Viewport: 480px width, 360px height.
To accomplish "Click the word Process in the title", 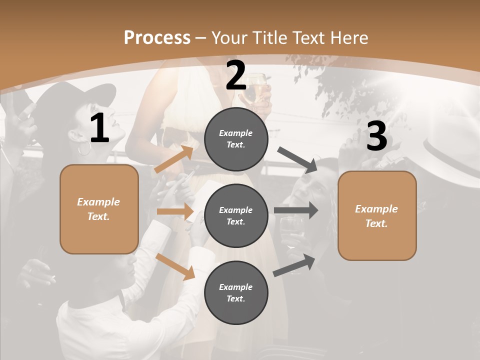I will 157,37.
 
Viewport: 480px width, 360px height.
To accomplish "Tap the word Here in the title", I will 347,37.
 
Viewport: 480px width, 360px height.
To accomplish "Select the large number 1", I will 99,128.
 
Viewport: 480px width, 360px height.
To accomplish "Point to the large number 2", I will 236,75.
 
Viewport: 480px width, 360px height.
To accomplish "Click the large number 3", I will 376,136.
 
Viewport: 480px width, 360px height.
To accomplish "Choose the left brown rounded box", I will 99,209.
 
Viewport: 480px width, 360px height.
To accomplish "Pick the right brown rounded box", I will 377,216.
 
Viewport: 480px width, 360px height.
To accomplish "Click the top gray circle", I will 236,139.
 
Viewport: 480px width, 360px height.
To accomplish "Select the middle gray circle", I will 236,216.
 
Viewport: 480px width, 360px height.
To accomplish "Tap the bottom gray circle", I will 236,293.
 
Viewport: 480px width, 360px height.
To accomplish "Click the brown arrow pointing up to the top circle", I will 174,159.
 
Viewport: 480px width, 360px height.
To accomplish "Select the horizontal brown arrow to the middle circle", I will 174,211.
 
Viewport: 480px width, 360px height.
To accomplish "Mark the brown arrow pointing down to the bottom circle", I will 175,265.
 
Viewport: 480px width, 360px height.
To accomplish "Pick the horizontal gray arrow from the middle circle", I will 296,210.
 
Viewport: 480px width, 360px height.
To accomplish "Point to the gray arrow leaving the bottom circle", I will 294,265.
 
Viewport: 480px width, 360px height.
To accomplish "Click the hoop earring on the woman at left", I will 84,148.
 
